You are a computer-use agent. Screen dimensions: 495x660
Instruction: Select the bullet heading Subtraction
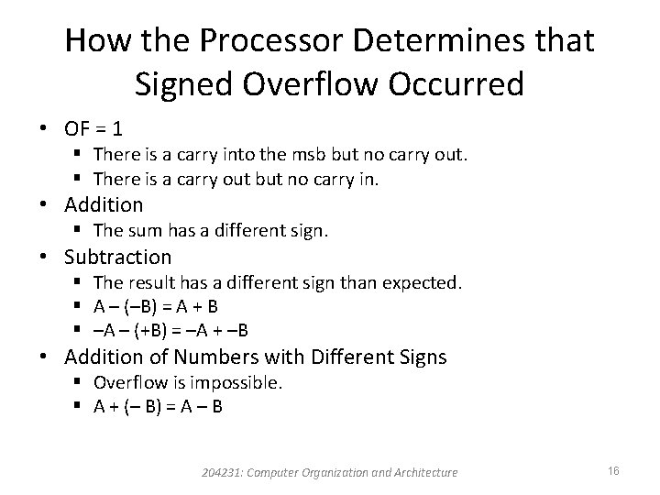coord(117,257)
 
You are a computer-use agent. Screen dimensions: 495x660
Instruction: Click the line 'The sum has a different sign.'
coord(210,230)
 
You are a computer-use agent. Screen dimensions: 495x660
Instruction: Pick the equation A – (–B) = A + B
coord(155,305)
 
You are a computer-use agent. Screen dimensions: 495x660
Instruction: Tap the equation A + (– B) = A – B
coord(158,406)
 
